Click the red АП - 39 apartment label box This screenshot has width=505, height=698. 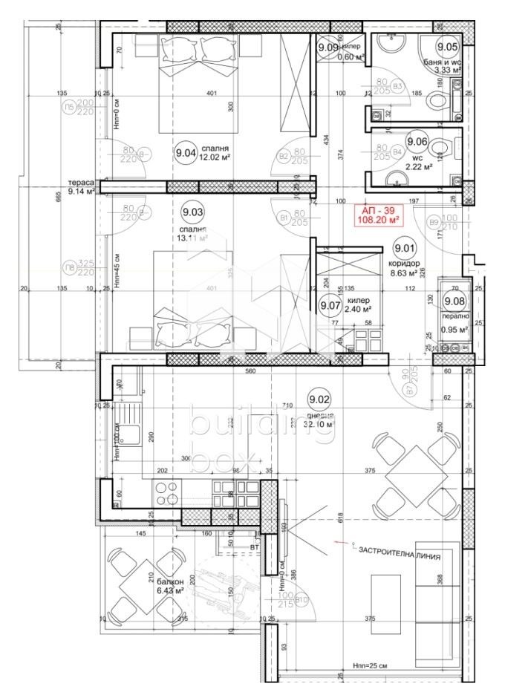tap(379, 215)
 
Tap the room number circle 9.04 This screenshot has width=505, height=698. tap(184, 154)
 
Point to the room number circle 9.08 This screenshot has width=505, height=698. tap(452, 301)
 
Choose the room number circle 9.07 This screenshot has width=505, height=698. tap(329, 304)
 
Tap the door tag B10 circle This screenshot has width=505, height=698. tap(302, 600)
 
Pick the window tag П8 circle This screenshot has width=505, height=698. tap(70, 268)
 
